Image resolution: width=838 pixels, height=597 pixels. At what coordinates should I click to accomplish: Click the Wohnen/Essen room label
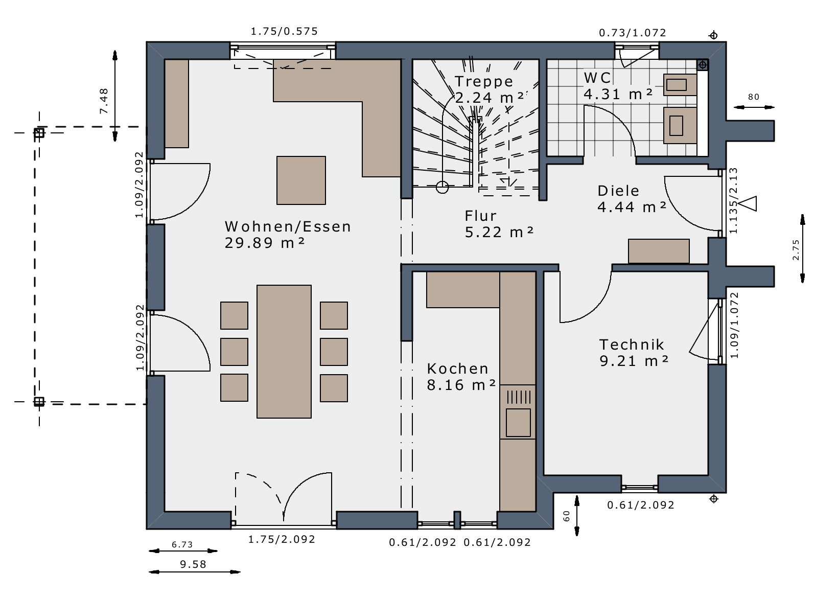tap(288, 227)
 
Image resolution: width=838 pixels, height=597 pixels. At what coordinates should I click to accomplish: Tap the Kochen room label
tap(457, 369)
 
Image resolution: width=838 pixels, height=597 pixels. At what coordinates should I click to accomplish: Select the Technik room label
tap(632, 345)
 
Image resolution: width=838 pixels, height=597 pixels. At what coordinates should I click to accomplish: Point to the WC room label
tap(597, 78)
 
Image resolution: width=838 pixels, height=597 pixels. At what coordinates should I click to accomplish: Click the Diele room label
tap(618, 191)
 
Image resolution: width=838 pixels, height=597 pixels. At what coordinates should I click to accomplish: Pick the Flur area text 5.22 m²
tap(499, 233)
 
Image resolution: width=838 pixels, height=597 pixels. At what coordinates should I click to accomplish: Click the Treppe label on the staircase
tap(483, 82)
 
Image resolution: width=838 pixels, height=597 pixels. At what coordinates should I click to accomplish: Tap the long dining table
tap(284, 352)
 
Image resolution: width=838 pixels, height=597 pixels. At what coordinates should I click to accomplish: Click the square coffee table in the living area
tap(301, 180)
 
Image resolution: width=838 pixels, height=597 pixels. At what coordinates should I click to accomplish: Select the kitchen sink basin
tap(518, 423)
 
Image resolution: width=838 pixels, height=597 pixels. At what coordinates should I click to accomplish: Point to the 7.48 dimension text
tap(104, 101)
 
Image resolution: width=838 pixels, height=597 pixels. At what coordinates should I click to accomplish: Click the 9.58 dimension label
tap(193, 564)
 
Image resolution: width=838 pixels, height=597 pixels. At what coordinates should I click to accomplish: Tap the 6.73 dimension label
tap(182, 544)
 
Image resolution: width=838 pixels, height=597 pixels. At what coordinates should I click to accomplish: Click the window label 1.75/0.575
tap(284, 32)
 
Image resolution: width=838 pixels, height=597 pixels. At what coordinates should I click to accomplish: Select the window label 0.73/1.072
tap(633, 33)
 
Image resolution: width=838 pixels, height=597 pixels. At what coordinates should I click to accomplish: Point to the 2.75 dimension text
tap(796, 249)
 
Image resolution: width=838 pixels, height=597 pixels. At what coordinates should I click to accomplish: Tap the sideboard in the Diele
tap(659, 251)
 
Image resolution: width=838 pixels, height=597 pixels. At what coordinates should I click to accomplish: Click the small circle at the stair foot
tap(442, 187)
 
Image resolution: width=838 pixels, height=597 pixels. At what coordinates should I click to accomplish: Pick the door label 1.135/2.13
tap(734, 201)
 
